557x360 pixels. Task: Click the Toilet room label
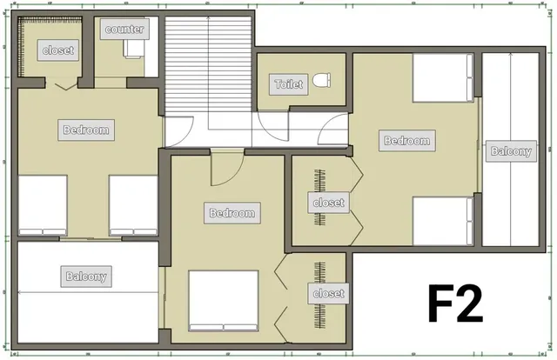(288, 84)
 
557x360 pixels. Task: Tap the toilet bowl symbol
(322, 80)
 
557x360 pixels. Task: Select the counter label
(124, 29)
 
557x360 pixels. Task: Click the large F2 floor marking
(455, 303)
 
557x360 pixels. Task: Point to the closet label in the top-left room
(58, 50)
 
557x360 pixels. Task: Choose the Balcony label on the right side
(511, 151)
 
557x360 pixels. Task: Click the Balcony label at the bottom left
(86, 277)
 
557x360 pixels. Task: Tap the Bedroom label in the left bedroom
(86, 130)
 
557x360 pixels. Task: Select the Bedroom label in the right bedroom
(407, 141)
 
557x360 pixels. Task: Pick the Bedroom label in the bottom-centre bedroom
(232, 213)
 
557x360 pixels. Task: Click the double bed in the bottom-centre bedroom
(223, 301)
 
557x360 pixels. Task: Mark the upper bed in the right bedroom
(443, 77)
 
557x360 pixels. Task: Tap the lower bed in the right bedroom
(443, 221)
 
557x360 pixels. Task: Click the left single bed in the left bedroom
(43, 205)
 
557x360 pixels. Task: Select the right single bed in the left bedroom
(133, 205)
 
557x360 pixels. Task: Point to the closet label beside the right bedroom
(329, 203)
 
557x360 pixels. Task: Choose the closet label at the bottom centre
(329, 294)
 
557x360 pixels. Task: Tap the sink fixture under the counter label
(134, 49)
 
